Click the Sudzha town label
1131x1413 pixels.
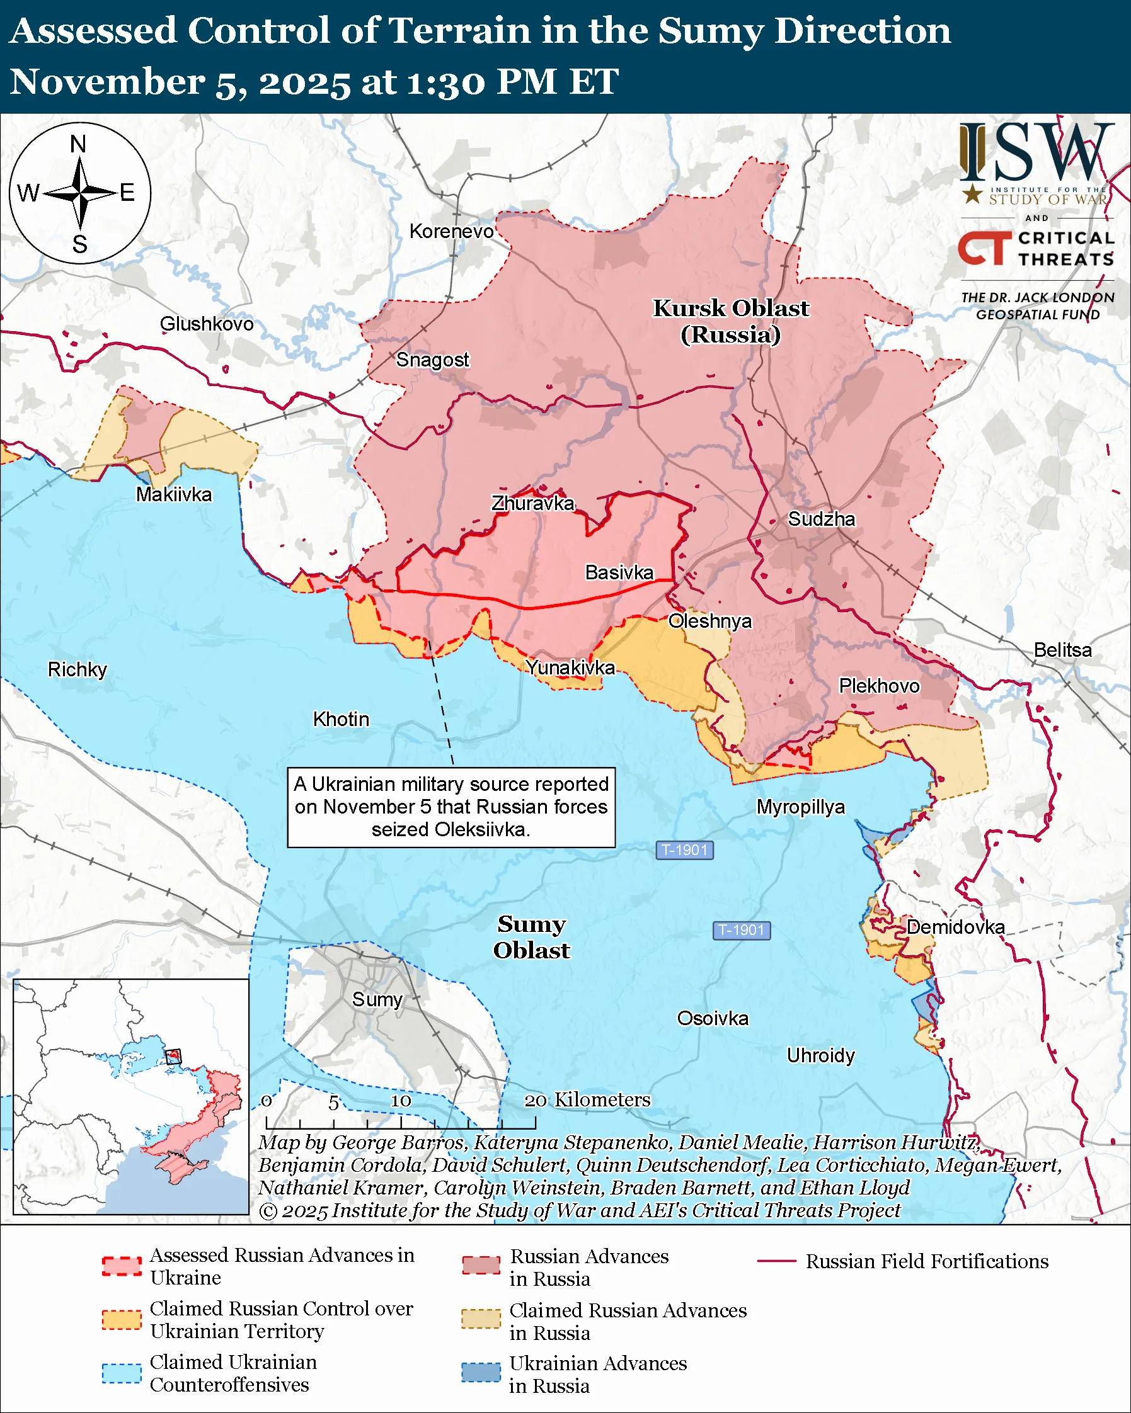pos(821,519)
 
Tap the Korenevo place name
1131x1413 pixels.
pos(451,231)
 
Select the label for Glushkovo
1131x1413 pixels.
pos(207,324)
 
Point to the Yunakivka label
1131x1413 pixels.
pos(570,667)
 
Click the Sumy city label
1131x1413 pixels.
pos(376,999)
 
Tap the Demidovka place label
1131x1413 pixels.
pos(955,927)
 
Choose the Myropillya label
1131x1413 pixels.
pos(801,807)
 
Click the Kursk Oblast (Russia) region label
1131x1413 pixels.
pos(730,321)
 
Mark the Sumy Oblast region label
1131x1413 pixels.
pos(531,936)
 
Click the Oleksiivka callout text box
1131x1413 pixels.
pos(451,807)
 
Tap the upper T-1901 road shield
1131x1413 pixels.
pos(684,850)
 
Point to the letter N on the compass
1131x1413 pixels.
pos(78,144)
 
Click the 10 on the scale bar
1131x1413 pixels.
pos(401,1101)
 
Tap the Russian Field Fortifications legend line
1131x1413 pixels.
pos(776,1261)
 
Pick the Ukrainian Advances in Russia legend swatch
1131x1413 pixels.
pos(481,1372)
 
